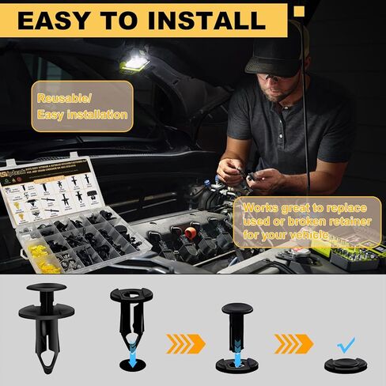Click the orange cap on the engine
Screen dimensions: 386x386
tap(189, 234)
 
